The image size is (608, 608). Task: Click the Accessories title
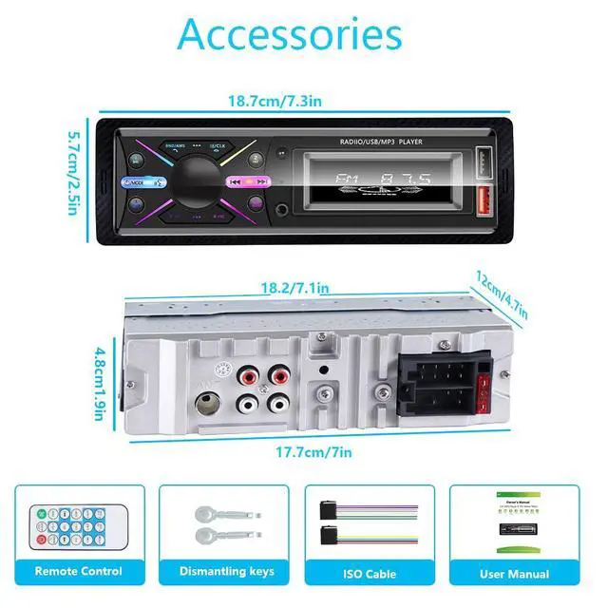pos(290,34)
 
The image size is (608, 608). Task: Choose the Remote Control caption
pos(79,571)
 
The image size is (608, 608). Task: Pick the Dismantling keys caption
pos(226,571)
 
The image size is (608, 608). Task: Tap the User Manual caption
pos(514,573)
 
